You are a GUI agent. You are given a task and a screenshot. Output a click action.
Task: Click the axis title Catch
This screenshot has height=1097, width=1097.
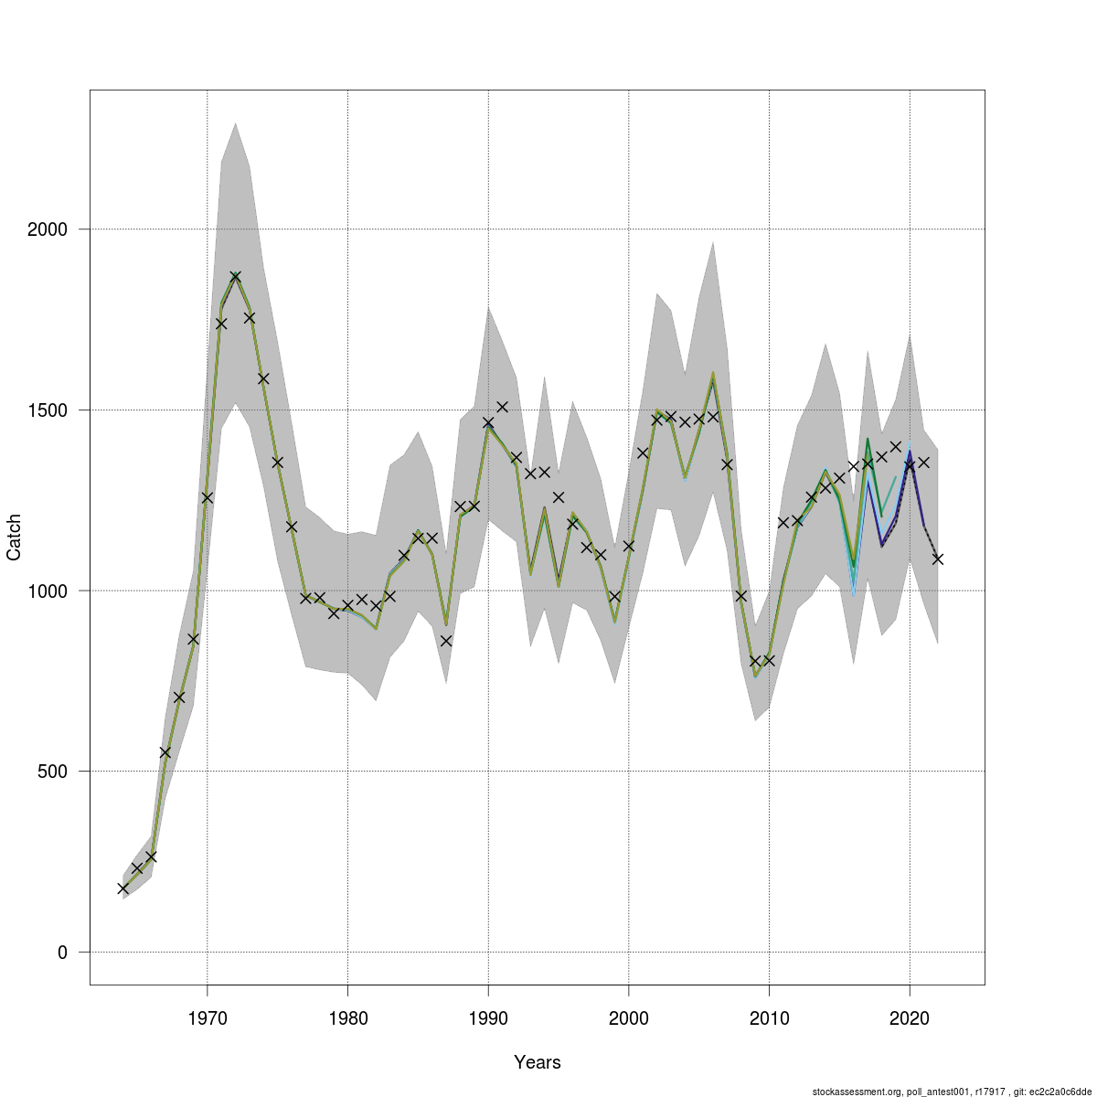[15, 538]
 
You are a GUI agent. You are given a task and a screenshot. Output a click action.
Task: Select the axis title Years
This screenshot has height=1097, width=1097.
[538, 1062]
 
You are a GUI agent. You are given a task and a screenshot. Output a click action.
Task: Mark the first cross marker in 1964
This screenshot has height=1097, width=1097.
[123, 889]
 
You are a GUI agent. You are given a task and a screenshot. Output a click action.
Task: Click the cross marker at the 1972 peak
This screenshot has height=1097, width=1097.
[236, 276]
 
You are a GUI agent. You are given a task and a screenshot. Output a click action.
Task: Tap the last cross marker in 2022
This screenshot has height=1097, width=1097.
[938, 559]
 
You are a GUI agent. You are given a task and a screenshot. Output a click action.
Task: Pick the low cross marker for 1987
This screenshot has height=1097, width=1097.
[446, 641]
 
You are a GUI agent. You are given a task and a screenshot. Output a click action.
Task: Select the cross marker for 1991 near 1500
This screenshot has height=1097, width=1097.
[502, 406]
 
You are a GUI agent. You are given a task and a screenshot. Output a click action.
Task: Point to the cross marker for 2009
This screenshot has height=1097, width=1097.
[755, 661]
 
